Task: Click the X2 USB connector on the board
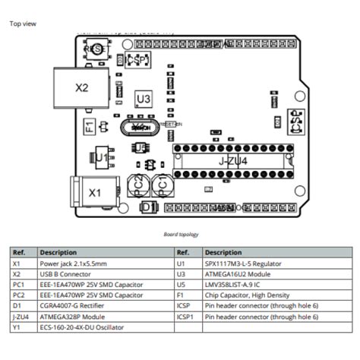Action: (x=81, y=87)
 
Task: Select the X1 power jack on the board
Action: (x=93, y=193)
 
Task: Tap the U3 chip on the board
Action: (x=143, y=99)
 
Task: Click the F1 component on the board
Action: (x=88, y=125)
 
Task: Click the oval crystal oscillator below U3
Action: (x=141, y=127)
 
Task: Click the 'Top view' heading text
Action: (x=22, y=24)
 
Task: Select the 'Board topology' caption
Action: (x=180, y=234)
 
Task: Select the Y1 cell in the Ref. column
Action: (x=16, y=327)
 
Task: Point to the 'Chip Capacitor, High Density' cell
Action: (x=243, y=295)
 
